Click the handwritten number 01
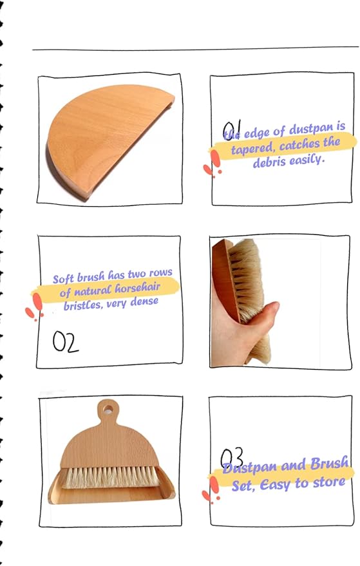click(231, 130)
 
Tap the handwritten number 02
click(65, 341)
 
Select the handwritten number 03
click(231, 457)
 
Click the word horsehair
click(137, 288)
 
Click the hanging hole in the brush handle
click(108, 409)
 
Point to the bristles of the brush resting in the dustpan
click(110, 477)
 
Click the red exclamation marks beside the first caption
click(213, 164)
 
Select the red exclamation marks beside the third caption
click(211, 490)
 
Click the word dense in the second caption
click(144, 301)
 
